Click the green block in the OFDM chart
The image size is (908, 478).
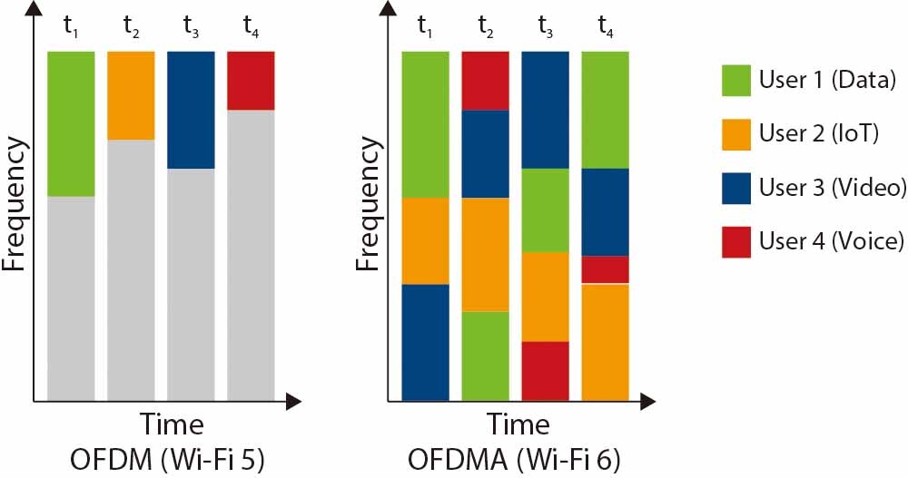(x=71, y=123)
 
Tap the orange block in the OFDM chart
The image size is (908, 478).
(x=131, y=95)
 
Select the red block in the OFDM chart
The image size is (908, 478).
(x=251, y=81)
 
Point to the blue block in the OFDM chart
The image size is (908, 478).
(x=191, y=110)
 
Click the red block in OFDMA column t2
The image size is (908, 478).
(x=486, y=81)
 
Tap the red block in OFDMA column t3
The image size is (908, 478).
(x=545, y=371)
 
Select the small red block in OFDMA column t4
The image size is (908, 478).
(x=605, y=269)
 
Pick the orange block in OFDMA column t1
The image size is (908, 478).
(x=425, y=240)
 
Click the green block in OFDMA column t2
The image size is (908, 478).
(x=486, y=356)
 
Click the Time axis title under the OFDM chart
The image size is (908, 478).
(x=171, y=424)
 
